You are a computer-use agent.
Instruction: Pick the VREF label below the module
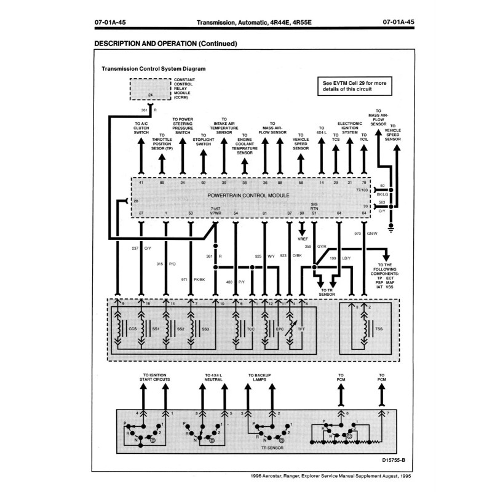(x=302, y=238)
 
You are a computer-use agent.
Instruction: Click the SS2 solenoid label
(x=180, y=329)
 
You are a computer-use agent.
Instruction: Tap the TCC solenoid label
(x=250, y=329)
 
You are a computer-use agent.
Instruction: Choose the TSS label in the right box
(x=378, y=329)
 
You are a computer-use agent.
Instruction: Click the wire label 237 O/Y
(x=142, y=248)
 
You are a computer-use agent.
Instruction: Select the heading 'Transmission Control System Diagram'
(x=153, y=69)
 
